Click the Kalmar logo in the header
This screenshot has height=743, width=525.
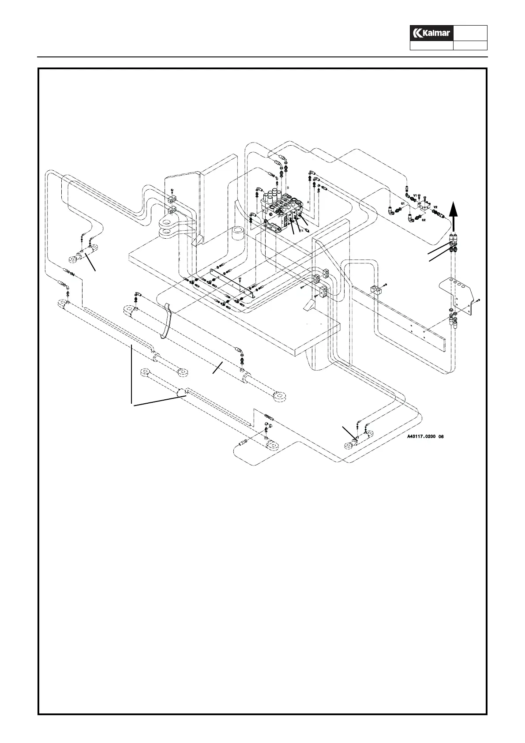[x=431, y=33]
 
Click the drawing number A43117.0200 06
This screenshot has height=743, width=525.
[x=425, y=437]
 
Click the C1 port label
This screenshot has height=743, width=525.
[x=403, y=203]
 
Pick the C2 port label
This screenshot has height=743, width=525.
[x=424, y=219]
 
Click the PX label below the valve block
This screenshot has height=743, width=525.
[x=301, y=230]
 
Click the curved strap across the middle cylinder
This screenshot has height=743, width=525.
[x=167, y=321]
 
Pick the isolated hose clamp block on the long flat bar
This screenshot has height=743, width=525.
[x=376, y=290]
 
